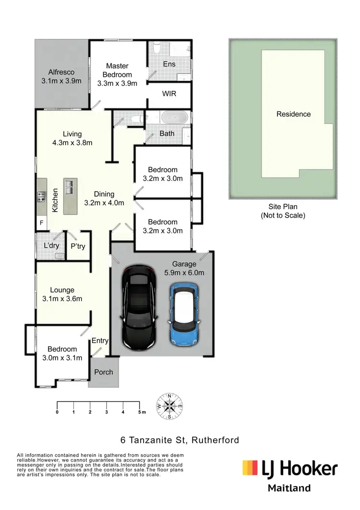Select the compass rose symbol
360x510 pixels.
coord(169,406)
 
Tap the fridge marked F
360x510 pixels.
coord(42,223)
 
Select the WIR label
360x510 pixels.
coord(169,94)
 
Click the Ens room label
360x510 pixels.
coord(169,64)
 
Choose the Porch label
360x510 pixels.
coord(104,372)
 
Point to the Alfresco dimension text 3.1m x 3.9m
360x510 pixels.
coord(61,81)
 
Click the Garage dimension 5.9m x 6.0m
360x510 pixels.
coord(185,273)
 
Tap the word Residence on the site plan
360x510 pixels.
coord(293,114)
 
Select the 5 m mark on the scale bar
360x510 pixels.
coord(141,412)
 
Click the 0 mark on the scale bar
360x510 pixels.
coord(57,412)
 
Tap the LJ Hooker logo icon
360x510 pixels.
coord(250,468)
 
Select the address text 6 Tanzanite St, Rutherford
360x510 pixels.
coord(180,440)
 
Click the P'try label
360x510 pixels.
coord(78,246)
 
